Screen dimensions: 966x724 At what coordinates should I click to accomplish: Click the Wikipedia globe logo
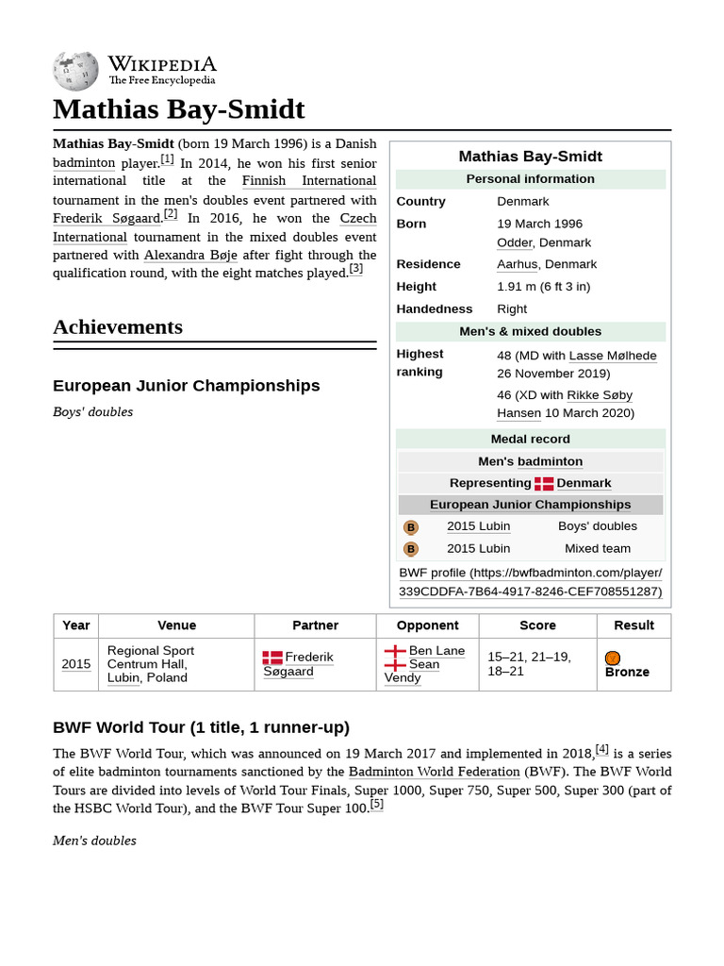[75, 71]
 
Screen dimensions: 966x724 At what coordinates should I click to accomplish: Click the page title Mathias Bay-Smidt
[179, 109]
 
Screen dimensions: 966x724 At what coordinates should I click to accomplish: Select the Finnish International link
[308, 180]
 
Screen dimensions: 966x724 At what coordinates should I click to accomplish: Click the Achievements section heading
[118, 327]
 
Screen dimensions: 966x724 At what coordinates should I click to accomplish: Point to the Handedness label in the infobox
[435, 308]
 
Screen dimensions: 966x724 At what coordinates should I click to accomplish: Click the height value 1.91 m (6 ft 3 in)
[543, 287]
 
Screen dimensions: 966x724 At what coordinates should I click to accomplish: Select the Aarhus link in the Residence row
[518, 264]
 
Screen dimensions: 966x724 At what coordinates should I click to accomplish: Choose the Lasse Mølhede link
[613, 356]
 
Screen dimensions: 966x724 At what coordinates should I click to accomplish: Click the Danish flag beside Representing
[544, 483]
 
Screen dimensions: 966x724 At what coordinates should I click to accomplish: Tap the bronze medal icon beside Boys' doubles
[411, 527]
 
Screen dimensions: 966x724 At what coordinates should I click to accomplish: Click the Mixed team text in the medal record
[597, 548]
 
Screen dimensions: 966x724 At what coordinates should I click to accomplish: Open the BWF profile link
[530, 582]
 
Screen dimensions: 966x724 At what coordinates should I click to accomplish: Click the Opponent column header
[427, 625]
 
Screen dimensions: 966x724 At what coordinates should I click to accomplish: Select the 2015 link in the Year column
[76, 664]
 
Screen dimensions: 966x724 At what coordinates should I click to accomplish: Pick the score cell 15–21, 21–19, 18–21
[529, 663]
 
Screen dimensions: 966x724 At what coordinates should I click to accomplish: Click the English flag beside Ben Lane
[395, 651]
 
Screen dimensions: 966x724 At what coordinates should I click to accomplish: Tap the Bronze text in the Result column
[627, 672]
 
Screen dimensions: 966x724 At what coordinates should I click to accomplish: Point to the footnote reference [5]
[376, 804]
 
